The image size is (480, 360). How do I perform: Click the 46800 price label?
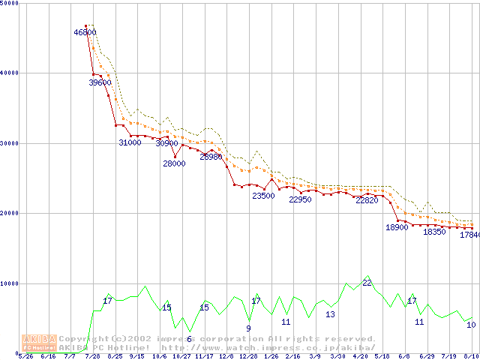(85, 32)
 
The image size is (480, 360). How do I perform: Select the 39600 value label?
(100, 83)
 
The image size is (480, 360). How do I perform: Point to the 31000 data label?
(130, 142)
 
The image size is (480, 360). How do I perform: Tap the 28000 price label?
(174, 163)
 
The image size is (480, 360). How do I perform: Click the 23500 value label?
(262, 196)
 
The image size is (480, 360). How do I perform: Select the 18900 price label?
(397, 227)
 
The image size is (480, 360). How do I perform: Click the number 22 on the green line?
(367, 283)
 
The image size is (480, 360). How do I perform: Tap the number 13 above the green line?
(330, 314)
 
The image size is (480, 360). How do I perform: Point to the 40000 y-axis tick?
(10, 73)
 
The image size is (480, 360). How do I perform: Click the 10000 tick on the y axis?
(10, 283)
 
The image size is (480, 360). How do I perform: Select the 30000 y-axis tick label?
(10, 143)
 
